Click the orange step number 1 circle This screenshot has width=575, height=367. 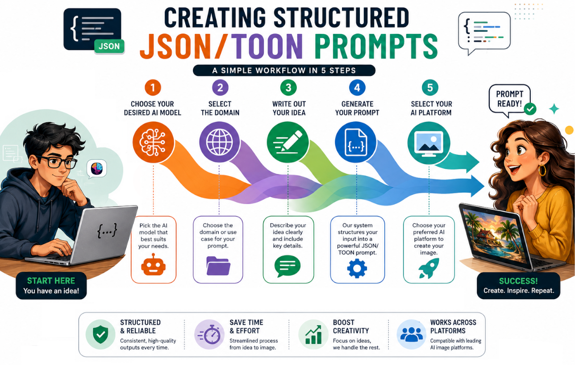tap(153, 88)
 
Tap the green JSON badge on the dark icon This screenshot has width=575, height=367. tap(109, 46)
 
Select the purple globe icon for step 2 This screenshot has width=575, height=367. tap(220, 142)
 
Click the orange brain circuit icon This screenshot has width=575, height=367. tap(153, 142)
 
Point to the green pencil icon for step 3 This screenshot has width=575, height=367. tap(288, 142)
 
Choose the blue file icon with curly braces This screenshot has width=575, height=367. tap(355, 142)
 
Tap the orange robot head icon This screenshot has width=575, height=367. tap(153, 265)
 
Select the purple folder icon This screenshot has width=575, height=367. tap(218, 266)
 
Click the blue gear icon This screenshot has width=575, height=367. tap(357, 268)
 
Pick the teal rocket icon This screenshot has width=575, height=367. tap(429, 268)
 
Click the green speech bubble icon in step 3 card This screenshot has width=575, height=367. tap(287, 266)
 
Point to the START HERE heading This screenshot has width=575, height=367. tap(51, 281)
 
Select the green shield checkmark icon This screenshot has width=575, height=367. tap(100, 334)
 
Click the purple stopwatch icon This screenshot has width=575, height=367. tap(209, 334)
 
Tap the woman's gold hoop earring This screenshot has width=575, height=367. tap(542, 170)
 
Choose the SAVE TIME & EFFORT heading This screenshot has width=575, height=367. tap(246, 326)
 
